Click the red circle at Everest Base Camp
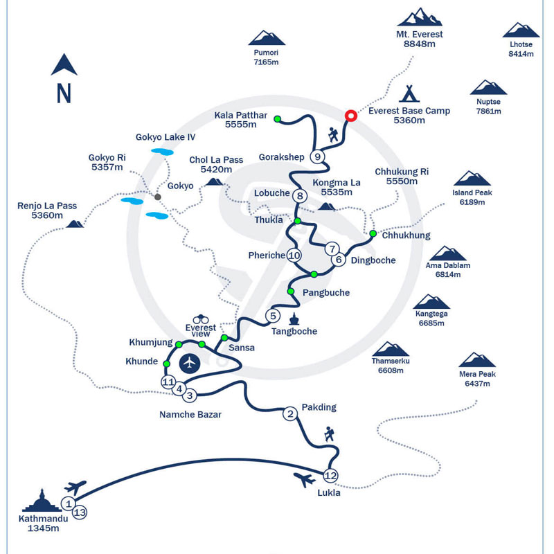(350, 116)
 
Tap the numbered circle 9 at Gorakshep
(317, 157)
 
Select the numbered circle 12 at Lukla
(330, 475)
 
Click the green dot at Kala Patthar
(277, 119)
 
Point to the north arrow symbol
(64, 66)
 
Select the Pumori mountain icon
(267, 38)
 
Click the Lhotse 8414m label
(521, 48)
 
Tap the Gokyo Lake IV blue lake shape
(163, 152)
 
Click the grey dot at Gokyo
(158, 197)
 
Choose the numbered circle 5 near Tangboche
(273, 316)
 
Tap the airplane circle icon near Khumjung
(189, 362)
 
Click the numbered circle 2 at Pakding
(290, 414)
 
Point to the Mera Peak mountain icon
(478, 360)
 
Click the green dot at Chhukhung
(373, 233)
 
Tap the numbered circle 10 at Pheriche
(294, 255)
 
